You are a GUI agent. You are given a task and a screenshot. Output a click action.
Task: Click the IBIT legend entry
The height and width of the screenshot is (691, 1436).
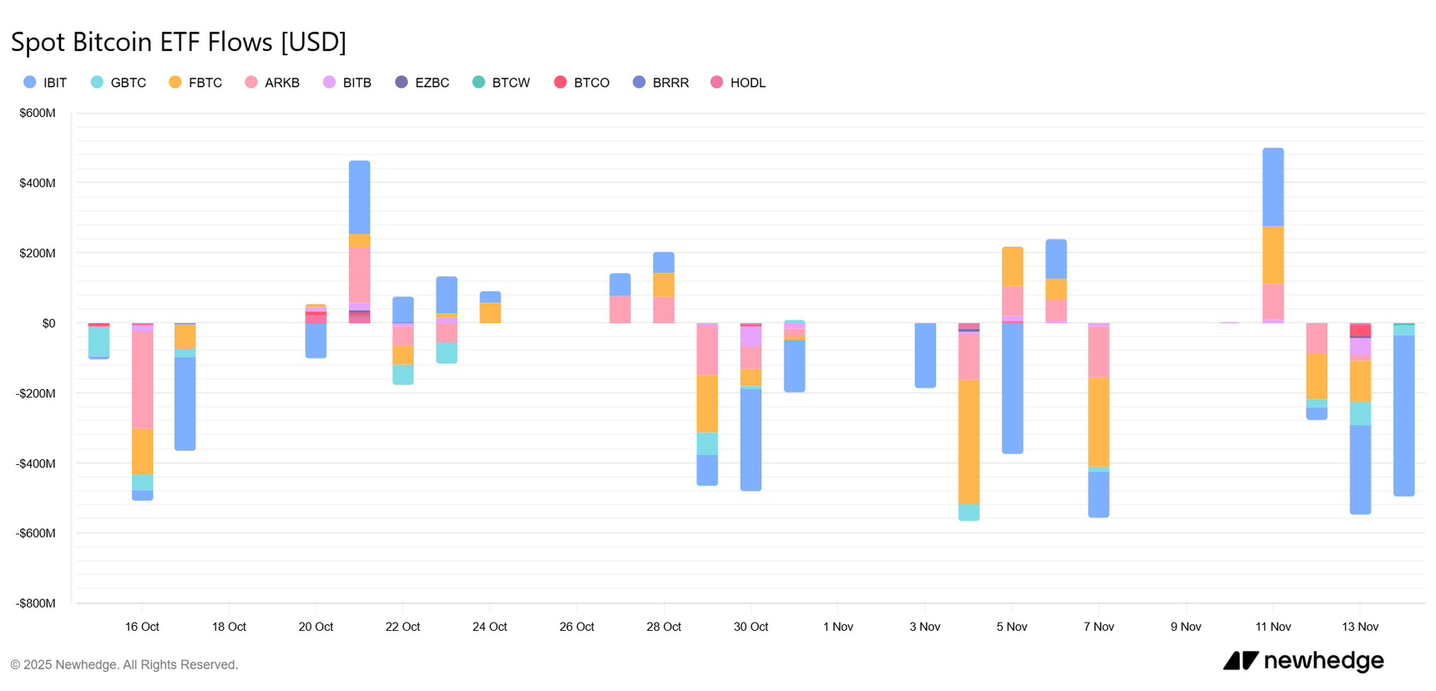pos(46,83)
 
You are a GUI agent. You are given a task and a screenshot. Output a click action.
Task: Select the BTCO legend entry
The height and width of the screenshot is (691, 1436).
pos(582,83)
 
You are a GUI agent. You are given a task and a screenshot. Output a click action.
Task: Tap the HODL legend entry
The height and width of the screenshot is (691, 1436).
pos(738,83)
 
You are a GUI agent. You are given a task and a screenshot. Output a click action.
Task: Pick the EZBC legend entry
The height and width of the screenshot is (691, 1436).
pos(422,83)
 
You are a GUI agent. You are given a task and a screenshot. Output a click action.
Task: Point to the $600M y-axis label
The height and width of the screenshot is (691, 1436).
pos(38,113)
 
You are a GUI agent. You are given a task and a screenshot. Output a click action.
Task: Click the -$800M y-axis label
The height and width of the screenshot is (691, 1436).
pos(36,603)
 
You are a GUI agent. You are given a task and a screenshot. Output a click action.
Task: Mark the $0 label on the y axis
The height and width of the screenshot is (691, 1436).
pos(48,323)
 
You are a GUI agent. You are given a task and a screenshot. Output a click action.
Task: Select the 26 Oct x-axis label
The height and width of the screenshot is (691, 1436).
pos(577,627)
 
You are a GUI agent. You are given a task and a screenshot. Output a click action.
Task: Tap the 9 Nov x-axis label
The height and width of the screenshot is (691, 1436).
pos(1186,627)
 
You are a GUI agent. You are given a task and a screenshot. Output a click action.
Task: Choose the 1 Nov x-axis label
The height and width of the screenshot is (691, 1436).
pos(837,627)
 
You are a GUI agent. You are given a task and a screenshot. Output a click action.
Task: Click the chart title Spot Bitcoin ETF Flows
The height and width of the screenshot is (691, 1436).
pos(178,42)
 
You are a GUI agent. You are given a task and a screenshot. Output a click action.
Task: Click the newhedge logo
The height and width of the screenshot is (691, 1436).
pos(1303,661)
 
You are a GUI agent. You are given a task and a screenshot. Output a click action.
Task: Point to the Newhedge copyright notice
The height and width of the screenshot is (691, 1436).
pos(124,664)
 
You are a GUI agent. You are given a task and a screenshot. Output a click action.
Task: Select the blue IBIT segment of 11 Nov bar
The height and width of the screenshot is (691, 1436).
pos(1273,187)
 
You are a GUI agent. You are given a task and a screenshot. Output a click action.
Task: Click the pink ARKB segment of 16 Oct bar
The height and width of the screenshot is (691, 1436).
pos(143,380)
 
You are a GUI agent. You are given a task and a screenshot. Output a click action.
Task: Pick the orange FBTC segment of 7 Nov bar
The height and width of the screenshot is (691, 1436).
pos(1099,421)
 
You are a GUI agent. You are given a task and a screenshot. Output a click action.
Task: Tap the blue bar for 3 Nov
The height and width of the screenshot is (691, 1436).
pos(925,356)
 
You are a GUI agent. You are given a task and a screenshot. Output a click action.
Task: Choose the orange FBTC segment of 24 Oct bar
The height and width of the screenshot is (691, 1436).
pos(490,313)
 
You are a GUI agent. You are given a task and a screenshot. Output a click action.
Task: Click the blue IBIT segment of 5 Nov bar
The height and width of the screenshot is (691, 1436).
pos(1013,388)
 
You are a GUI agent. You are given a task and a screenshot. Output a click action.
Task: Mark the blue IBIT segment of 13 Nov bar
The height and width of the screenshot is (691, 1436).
pos(1360,469)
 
